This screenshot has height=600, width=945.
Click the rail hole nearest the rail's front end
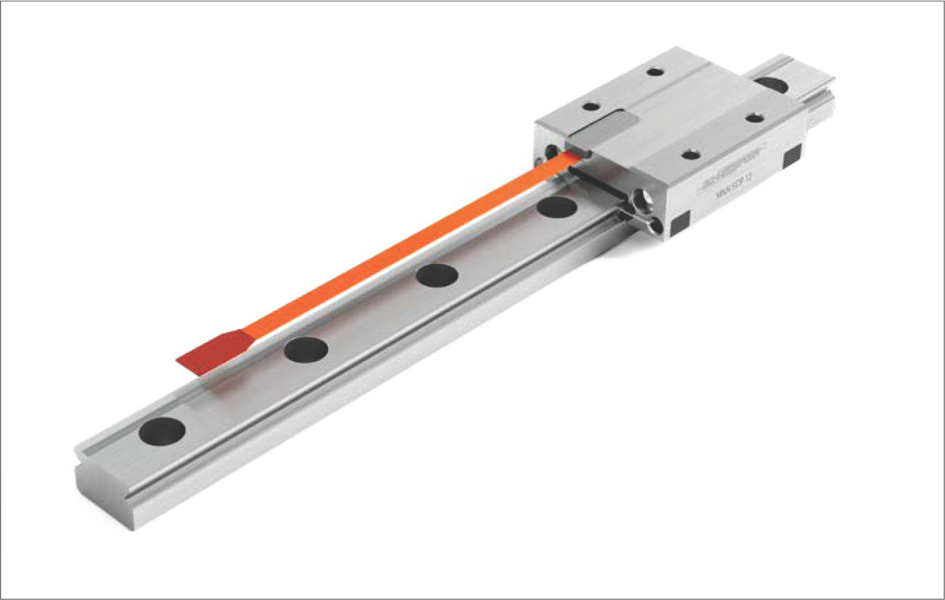tap(161, 431)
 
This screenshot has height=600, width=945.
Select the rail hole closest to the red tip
tap(306, 348)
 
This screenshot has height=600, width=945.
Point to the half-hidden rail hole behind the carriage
tap(770, 84)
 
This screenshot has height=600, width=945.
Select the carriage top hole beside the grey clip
tap(591, 107)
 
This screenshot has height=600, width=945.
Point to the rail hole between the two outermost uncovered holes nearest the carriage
tap(437, 274)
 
